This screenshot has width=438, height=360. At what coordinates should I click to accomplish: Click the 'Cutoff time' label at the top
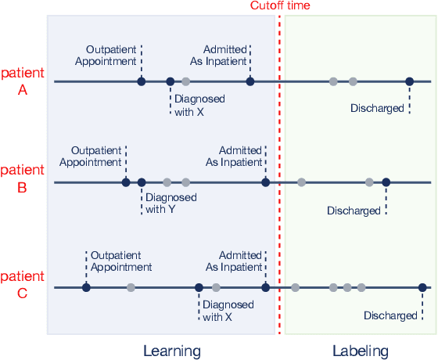280,5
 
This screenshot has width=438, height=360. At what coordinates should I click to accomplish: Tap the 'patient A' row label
23,81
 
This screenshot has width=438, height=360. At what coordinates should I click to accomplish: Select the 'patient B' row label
23,178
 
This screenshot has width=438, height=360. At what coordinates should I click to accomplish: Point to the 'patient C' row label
23,285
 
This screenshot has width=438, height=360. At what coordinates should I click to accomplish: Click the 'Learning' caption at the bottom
172,351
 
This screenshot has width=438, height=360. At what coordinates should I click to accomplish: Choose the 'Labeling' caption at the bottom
360,351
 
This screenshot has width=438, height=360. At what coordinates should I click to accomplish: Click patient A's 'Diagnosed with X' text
199,106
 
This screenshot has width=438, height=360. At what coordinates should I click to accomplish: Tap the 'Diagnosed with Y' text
171,203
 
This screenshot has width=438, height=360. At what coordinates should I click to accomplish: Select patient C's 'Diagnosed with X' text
228,311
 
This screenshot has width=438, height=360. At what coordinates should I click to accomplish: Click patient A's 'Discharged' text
376,108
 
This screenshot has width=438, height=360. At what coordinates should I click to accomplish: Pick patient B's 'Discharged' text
354,211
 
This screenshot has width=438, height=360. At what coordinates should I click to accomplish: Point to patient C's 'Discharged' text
390,315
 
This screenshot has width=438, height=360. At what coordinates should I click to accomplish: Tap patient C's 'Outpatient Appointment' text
121,261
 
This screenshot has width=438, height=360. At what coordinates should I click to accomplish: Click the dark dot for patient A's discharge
409,81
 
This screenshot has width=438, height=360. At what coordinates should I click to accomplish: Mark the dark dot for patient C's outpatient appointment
86,288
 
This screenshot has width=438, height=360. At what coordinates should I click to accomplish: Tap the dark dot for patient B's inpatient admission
265,182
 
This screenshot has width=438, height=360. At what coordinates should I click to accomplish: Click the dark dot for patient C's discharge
422,288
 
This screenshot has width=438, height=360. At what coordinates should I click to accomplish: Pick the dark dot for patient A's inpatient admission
250,81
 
